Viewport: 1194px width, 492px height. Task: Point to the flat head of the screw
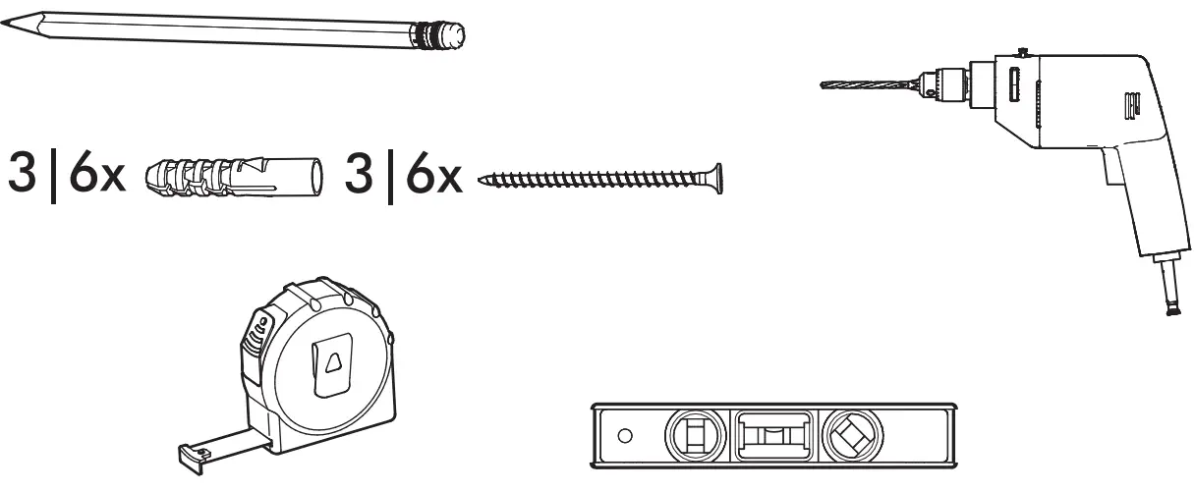[717, 178]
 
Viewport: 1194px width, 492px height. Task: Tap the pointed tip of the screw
[483, 180]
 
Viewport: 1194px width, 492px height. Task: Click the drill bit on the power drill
[865, 84]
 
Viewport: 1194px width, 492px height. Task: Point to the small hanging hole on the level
[623, 435]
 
